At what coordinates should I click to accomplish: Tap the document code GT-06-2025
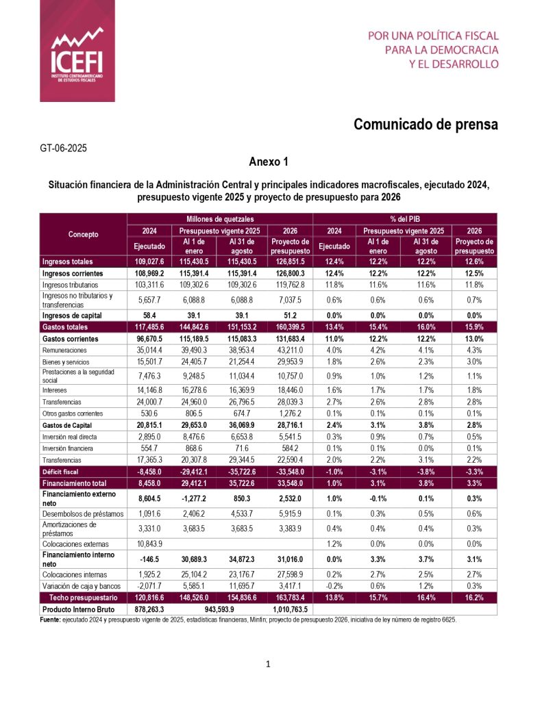tap(64, 147)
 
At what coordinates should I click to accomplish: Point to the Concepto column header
tap(83, 234)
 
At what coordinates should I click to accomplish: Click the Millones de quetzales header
tap(219, 218)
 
